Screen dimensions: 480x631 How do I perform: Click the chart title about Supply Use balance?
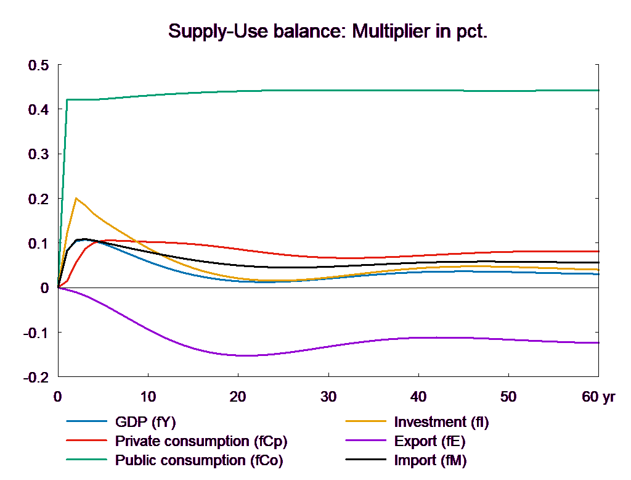click(x=328, y=31)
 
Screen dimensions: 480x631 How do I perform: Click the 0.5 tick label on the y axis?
click(x=38, y=65)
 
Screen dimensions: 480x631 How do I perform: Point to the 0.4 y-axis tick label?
click(x=38, y=109)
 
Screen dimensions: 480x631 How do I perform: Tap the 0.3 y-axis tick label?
click(x=38, y=154)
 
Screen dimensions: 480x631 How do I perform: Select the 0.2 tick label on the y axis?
click(x=38, y=199)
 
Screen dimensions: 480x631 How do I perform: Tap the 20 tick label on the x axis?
click(x=238, y=397)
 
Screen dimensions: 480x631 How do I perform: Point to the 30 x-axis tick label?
click(x=328, y=397)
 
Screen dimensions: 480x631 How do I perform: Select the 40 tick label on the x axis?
click(x=418, y=397)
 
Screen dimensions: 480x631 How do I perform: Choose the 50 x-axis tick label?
click(x=508, y=397)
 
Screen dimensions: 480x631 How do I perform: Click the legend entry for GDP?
click(x=145, y=423)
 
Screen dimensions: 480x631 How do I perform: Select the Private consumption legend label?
click(x=201, y=442)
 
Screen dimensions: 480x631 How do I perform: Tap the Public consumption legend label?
click(x=198, y=460)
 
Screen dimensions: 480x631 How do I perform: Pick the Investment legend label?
click(x=441, y=423)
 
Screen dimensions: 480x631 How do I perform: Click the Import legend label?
click(x=430, y=460)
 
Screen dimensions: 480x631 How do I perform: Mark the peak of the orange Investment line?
click(x=76, y=198)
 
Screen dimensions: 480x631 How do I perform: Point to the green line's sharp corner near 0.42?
click(x=67, y=99)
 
